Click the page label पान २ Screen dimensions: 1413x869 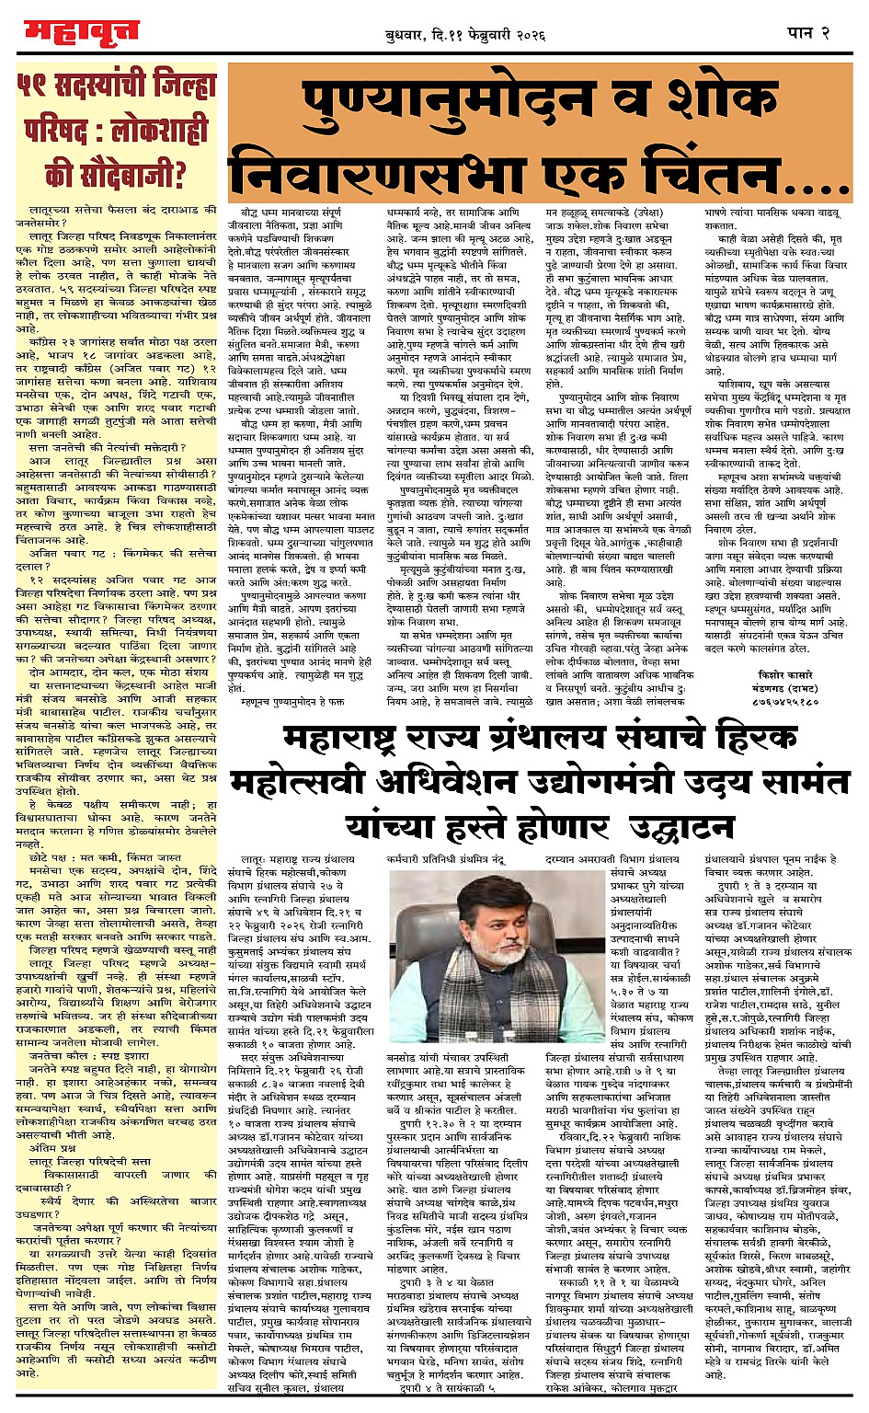click(x=809, y=33)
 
